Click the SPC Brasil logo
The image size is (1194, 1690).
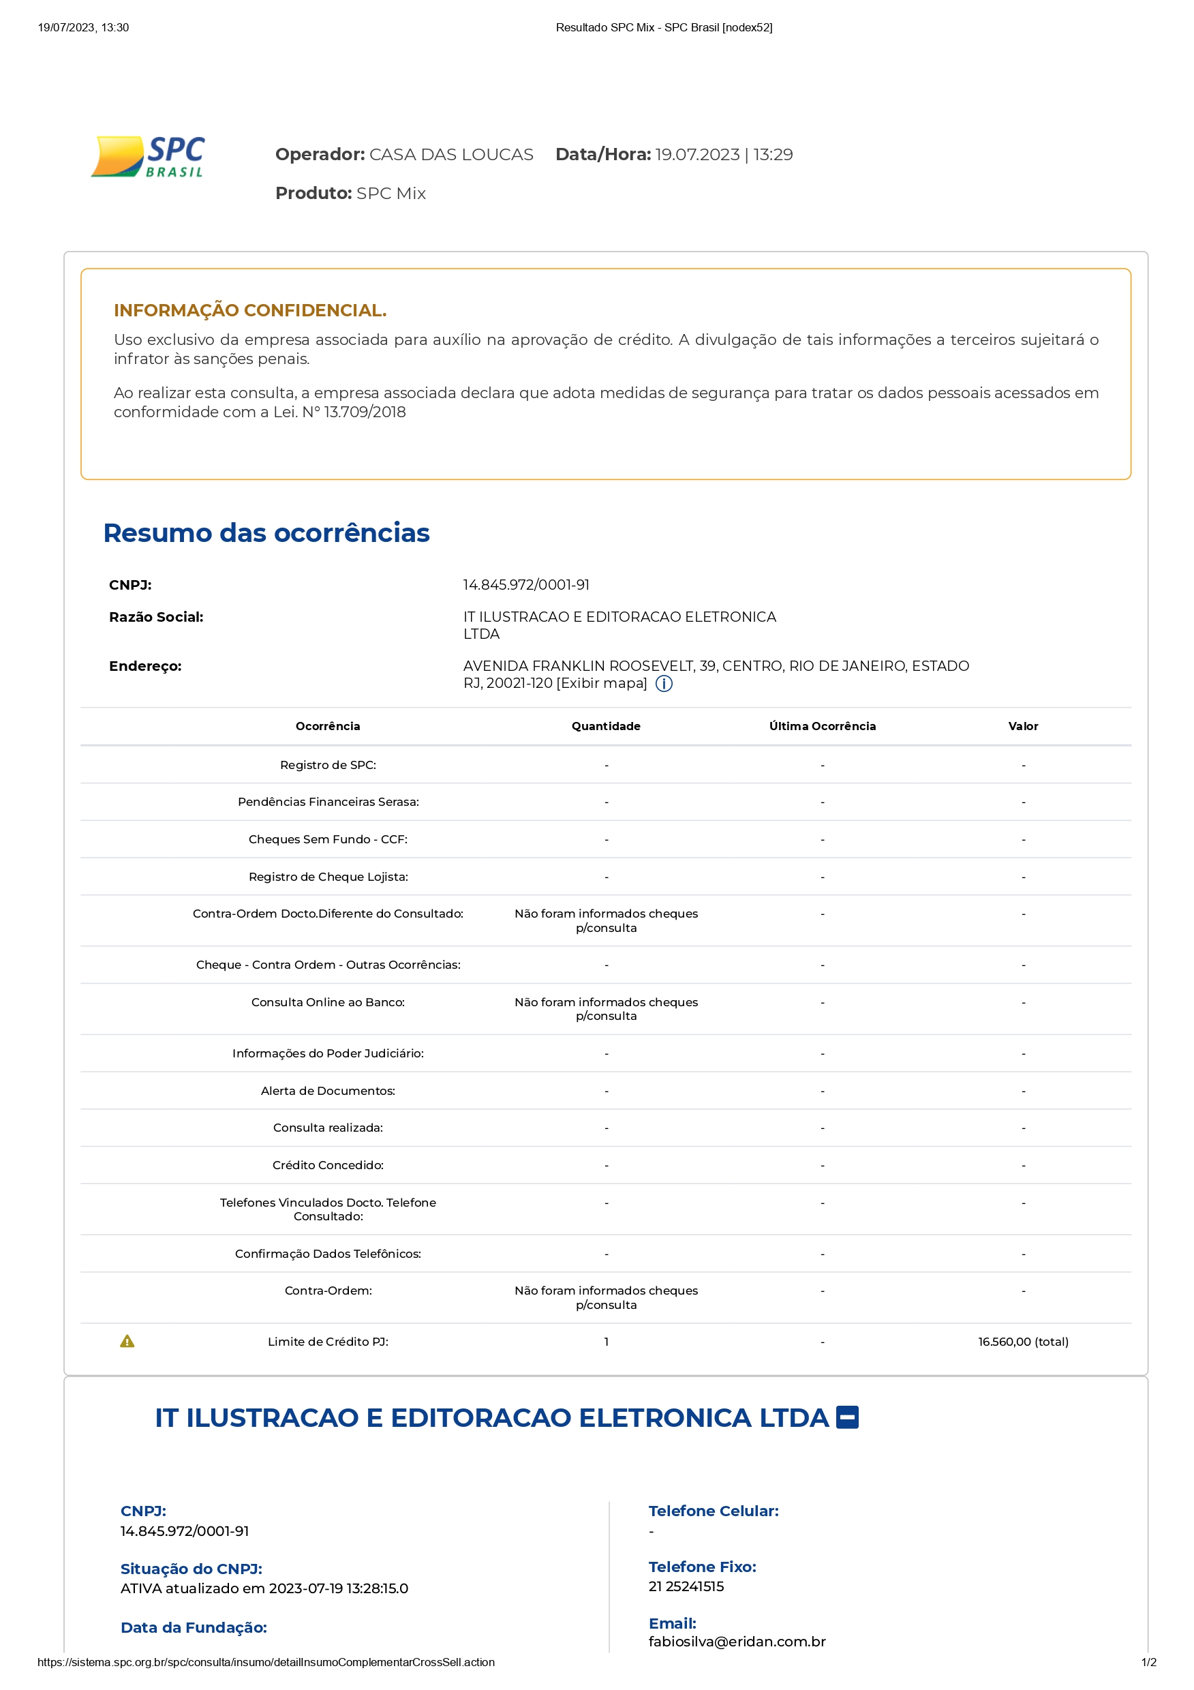click(148, 156)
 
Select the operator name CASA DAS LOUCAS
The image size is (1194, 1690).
click(450, 155)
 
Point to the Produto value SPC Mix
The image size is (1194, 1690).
click(391, 194)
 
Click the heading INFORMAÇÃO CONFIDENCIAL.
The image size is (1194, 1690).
click(250, 310)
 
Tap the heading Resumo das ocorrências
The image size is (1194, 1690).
click(266, 533)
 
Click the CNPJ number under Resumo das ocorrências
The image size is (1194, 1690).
click(526, 585)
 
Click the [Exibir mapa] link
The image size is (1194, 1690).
click(602, 683)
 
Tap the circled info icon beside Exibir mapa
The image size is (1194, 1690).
click(664, 684)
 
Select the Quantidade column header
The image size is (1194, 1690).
click(605, 727)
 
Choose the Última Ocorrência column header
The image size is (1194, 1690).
click(822, 727)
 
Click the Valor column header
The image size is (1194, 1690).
click(1022, 727)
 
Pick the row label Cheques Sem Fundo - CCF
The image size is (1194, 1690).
click(327, 839)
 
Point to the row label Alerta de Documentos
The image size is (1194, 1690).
click(327, 1091)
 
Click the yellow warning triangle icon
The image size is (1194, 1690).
click(127, 1341)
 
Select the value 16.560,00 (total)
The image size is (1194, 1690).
click(1022, 1342)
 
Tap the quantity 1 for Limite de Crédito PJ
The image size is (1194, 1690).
click(606, 1342)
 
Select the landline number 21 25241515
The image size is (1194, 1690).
click(686, 1586)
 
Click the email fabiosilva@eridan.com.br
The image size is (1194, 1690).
click(737, 1642)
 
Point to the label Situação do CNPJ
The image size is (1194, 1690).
click(192, 1569)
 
